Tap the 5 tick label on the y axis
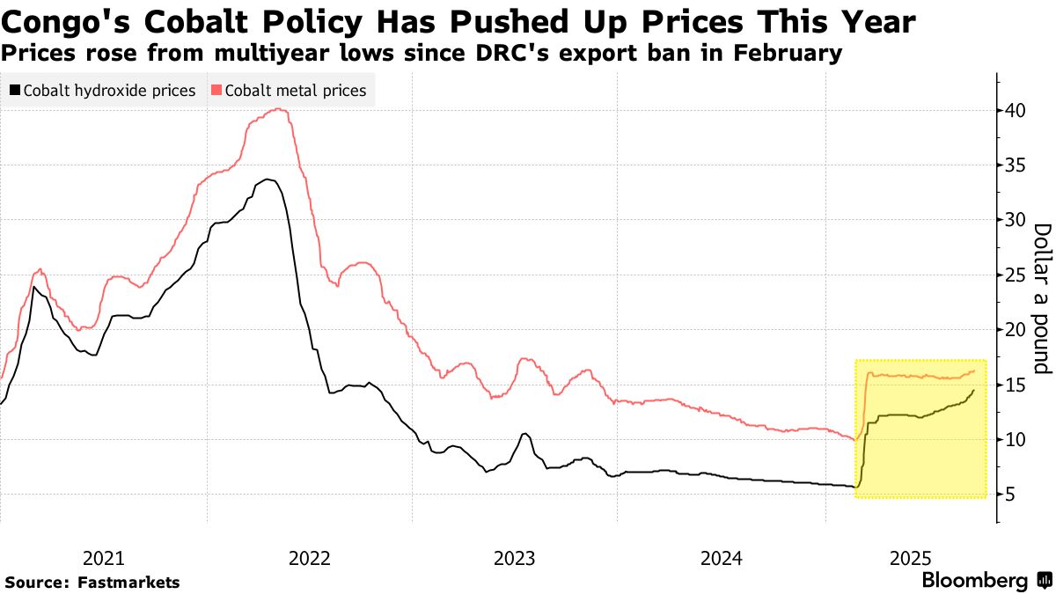coord(1013,495)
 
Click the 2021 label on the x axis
coord(104,558)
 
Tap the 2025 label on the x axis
coord(913,558)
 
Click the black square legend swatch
coord(15,90)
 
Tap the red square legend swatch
coord(216,90)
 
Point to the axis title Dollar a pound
coord(1042,297)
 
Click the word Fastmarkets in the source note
coord(128,583)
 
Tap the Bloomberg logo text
coord(974,581)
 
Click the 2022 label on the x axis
coord(309,558)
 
